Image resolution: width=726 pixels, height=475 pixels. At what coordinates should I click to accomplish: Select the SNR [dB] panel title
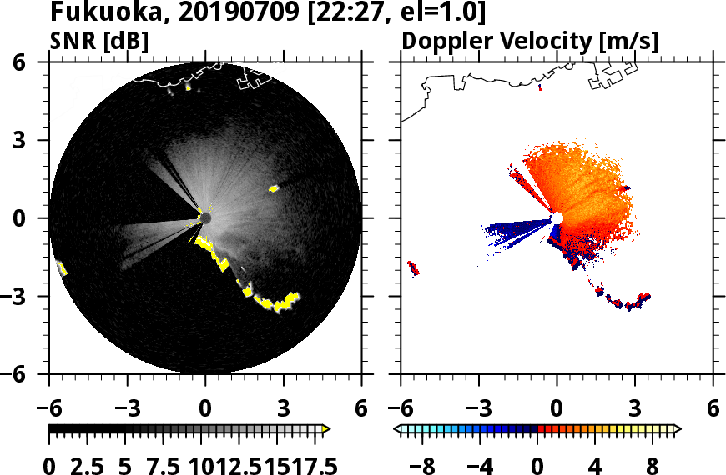(99, 41)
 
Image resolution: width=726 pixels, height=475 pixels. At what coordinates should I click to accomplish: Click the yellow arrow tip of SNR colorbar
(326, 428)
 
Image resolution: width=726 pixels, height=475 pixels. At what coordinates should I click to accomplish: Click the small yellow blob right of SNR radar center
(273, 189)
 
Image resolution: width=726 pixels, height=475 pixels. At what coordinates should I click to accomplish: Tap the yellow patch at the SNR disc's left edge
(62, 267)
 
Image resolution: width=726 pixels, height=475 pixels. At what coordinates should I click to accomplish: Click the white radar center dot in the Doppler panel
(557, 218)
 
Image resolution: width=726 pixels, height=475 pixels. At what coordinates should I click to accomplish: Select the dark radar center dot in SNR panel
(205, 218)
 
